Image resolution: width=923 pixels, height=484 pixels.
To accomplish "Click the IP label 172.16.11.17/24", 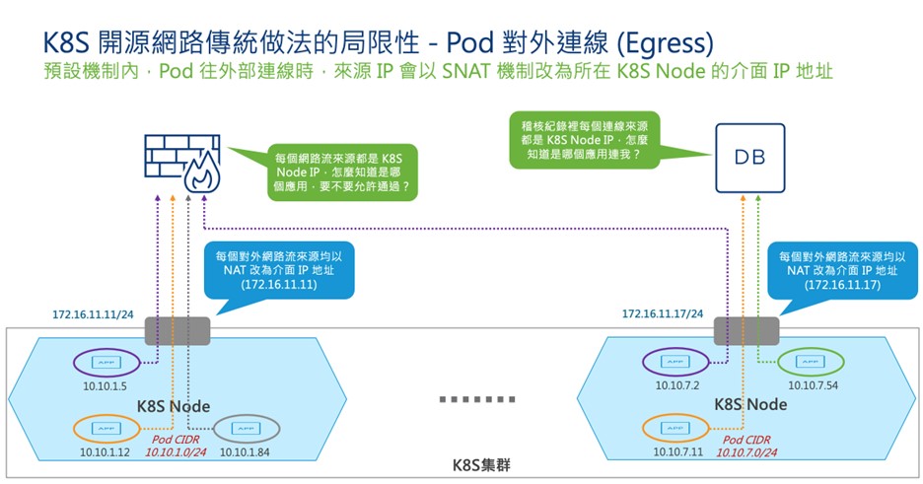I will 662,315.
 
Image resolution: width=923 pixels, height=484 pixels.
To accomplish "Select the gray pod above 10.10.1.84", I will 245,429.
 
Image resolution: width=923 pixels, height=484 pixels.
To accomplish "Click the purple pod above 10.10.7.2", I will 675,363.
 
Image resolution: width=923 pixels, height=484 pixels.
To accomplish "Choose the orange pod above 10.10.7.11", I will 675,429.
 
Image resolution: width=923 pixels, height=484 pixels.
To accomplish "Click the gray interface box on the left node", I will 177,330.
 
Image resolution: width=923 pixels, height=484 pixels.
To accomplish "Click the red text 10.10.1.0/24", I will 176,451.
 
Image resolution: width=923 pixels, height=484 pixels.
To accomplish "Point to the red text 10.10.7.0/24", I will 745,451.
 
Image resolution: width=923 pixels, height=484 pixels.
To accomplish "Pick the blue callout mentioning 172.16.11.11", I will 278,268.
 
